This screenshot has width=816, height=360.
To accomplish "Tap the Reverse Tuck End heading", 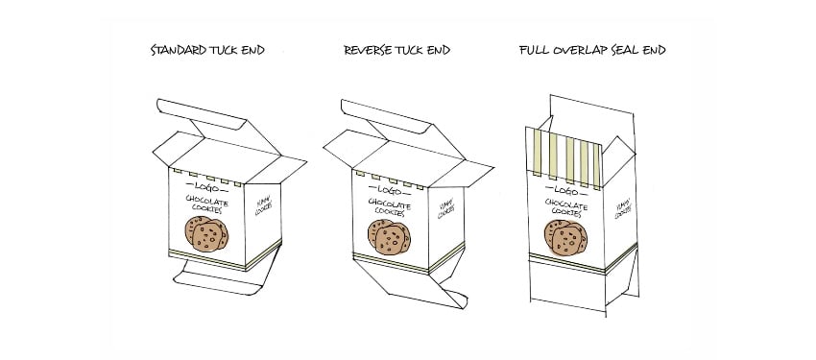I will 396,50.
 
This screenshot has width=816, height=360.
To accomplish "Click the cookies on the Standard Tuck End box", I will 206,233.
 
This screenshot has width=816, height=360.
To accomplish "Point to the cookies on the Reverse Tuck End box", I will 389,236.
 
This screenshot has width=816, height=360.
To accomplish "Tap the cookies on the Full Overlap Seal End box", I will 564,236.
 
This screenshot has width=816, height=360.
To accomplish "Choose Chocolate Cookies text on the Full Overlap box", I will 565,208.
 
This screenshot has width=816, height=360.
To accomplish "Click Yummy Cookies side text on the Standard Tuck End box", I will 263,204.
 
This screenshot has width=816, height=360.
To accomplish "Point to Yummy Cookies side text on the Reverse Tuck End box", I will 446,208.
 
